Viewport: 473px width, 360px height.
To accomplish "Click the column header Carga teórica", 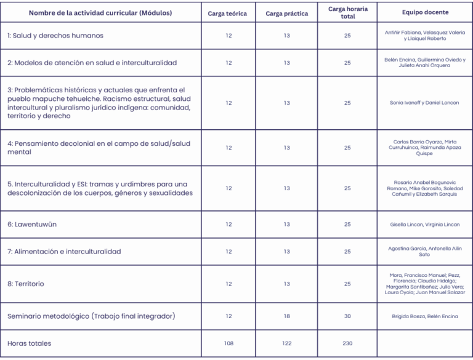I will [228, 13].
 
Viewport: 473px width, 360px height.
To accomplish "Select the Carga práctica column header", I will [287, 13].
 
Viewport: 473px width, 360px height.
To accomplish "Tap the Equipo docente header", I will [425, 12].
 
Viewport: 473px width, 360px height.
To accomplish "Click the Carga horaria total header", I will [347, 12].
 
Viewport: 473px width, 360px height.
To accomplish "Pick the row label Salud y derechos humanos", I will [55, 36].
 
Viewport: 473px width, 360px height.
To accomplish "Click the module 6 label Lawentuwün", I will [32, 225].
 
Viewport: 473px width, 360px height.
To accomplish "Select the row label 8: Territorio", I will [26, 284].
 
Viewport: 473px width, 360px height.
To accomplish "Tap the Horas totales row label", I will [30, 343].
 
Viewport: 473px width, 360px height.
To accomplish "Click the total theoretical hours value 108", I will [228, 343].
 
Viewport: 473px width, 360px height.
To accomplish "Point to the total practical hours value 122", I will [287, 343].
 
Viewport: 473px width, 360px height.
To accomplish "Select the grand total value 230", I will [347, 343].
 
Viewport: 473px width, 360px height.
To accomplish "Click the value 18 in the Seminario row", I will [287, 316].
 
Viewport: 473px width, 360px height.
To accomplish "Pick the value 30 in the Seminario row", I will [347, 316].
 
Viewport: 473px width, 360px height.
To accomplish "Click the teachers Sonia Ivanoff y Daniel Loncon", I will [425, 103].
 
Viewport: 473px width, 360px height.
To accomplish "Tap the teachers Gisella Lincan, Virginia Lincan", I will [425, 225].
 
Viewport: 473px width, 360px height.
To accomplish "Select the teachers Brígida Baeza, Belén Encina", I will [425, 316].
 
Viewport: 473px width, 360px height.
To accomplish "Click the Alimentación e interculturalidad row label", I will [64, 252].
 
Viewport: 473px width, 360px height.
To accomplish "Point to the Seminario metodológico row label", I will [91, 316].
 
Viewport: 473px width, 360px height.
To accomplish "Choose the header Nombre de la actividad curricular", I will [100, 13].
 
